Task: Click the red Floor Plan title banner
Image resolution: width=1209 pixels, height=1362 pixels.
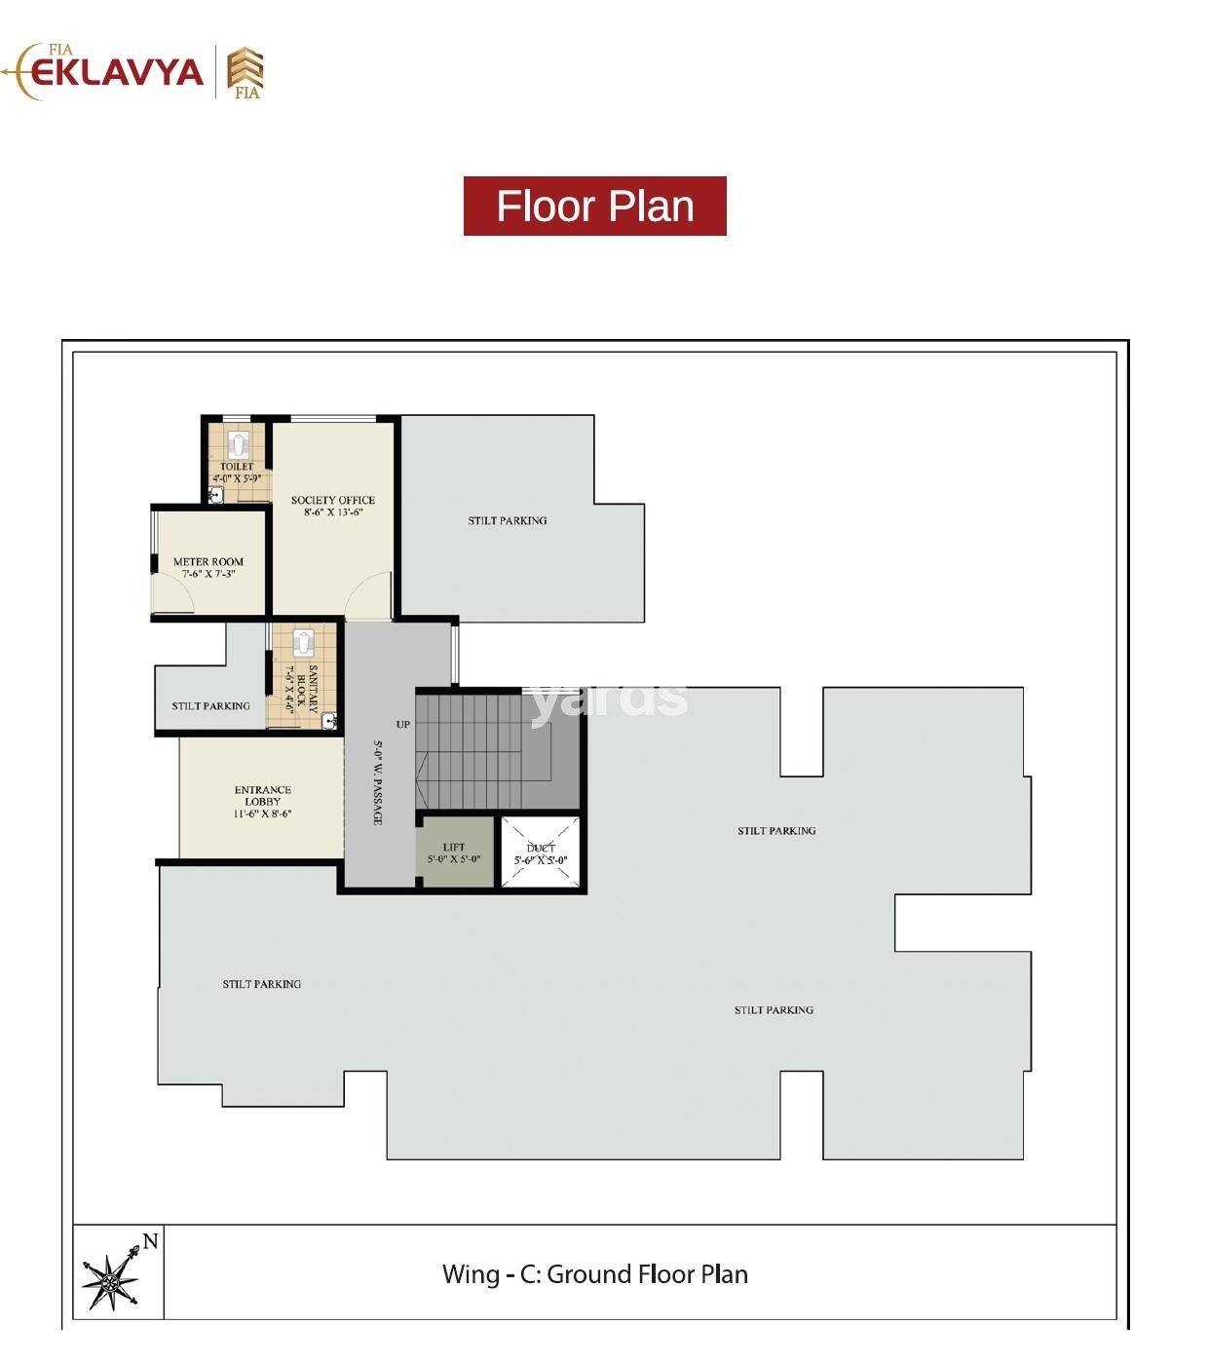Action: click(x=594, y=206)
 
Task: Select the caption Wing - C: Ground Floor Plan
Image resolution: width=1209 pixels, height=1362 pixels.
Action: click(x=594, y=1273)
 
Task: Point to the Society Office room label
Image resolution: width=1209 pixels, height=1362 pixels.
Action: click(x=332, y=506)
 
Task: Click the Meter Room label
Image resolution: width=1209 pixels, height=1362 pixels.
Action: click(x=208, y=567)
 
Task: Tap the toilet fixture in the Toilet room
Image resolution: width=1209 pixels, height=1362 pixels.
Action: click(x=239, y=445)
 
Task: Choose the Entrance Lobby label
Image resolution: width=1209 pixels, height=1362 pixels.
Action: click(x=262, y=801)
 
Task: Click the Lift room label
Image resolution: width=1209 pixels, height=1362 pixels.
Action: click(x=454, y=852)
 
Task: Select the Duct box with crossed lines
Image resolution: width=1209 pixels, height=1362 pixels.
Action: click(x=541, y=852)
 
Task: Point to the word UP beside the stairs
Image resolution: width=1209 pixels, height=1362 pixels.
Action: click(x=403, y=724)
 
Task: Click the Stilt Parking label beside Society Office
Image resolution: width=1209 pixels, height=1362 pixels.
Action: click(x=507, y=520)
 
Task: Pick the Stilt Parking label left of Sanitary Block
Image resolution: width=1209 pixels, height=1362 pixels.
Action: click(x=210, y=705)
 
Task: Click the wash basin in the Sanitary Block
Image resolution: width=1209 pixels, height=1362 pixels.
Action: click(x=329, y=721)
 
